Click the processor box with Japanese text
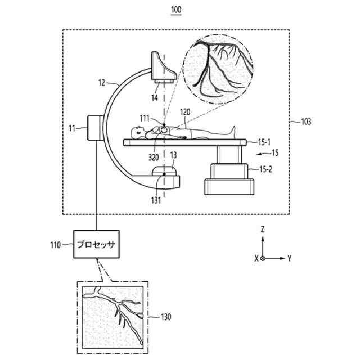pos(97,245)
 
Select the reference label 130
pos(166,317)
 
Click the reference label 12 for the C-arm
pos(101,82)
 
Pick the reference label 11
pos(72,129)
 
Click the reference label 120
pos(185,112)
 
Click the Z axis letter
pos(263,229)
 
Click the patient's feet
pos(231,131)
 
